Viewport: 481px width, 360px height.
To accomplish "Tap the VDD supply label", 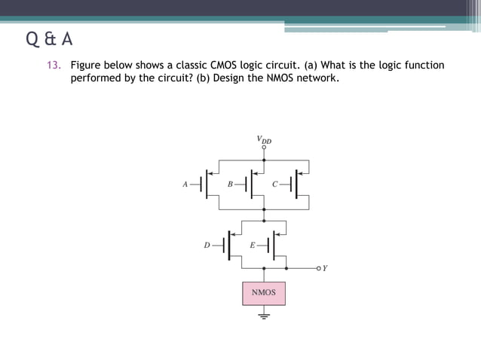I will pyautogui.click(x=263, y=139).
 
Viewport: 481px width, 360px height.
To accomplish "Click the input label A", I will pyautogui.click(x=185, y=183).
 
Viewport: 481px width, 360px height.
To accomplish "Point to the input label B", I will pyautogui.click(x=230, y=183).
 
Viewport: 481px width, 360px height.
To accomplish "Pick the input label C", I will pyautogui.click(x=275, y=183).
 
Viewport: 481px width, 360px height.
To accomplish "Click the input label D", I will pyautogui.click(x=207, y=245).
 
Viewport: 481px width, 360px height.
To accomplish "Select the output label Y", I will pyautogui.click(x=325, y=267).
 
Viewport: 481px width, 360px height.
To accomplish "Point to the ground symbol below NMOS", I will pyautogui.click(x=263, y=316).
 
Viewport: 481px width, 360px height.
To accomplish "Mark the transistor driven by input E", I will pyautogui.click(x=275, y=245).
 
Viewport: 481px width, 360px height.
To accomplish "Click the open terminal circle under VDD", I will pyautogui.click(x=263, y=148).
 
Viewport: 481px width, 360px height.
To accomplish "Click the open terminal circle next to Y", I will pyautogui.click(x=318, y=267).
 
